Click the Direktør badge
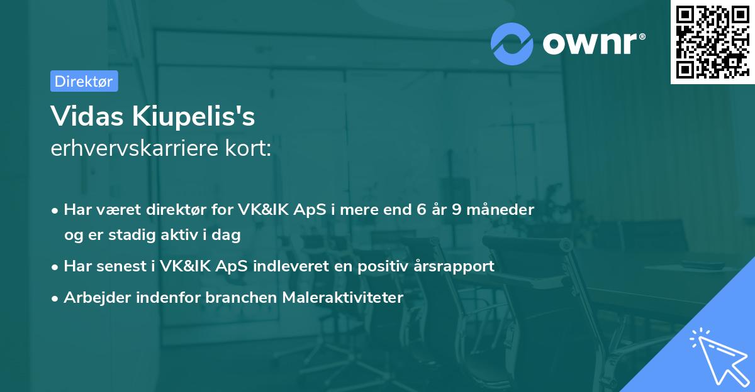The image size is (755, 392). [84, 81]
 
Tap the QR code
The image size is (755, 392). [711, 41]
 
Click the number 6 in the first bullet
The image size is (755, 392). [421, 209]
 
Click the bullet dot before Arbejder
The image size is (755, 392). [56, 298]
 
